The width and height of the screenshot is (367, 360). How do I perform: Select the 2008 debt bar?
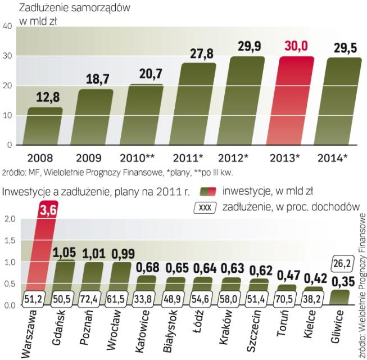pyautogui.click(x=45, y=126)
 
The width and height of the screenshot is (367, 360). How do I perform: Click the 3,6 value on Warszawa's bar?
pyautogui.click(x=46, y=212)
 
